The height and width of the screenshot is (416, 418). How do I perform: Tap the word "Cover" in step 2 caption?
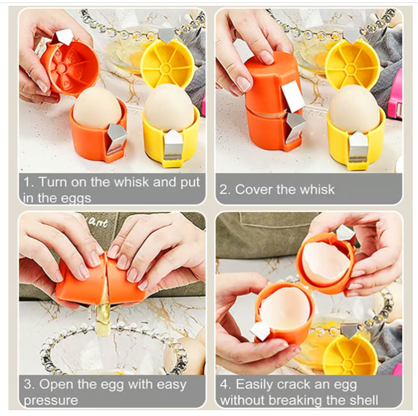[254, 190]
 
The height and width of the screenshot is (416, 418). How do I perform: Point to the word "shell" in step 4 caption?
[363, 400]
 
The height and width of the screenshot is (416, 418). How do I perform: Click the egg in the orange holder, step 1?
[97, 108]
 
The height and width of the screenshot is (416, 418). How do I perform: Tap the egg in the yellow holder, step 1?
[169, 108]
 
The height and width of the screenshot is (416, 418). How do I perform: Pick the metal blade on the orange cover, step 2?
[293, 96]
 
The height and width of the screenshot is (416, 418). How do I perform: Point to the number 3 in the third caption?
[27, 385]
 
